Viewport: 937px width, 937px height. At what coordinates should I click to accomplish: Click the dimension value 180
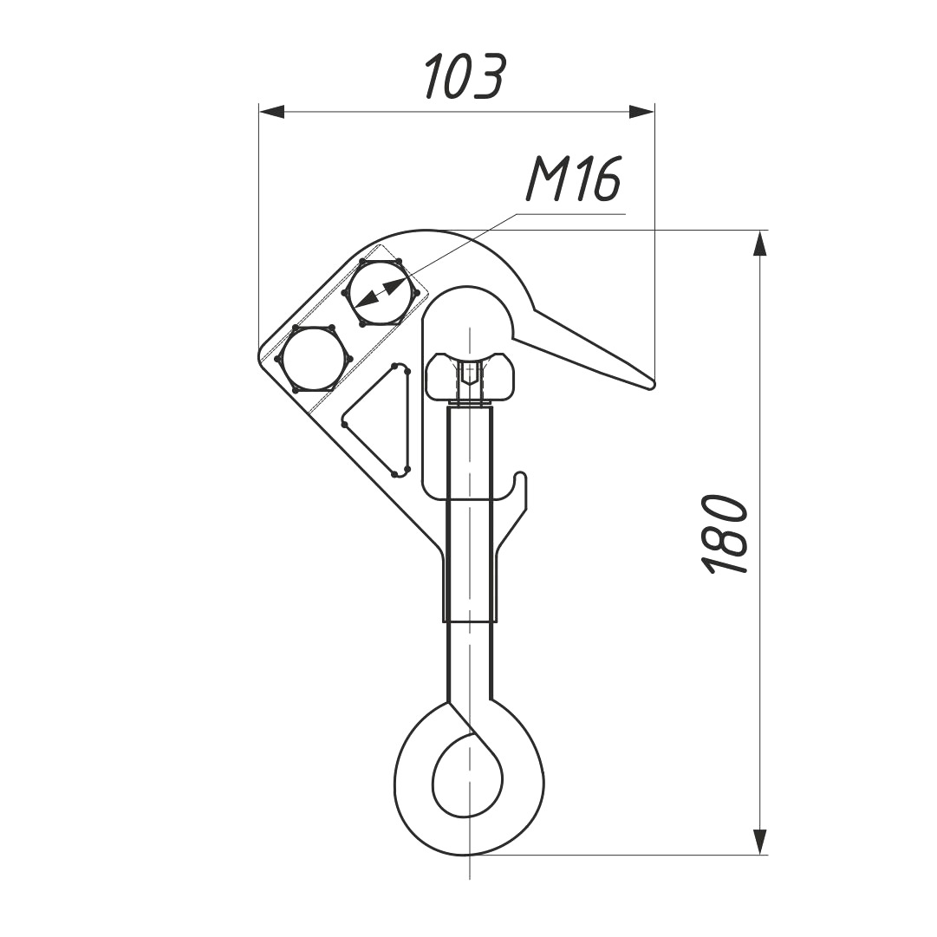click(725, 534)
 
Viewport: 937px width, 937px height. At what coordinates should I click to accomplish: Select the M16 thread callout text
click(573, 179)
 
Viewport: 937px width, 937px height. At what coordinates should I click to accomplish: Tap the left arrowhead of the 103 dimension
click(272, 112)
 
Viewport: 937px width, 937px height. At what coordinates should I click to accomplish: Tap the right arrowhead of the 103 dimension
click(641, 112)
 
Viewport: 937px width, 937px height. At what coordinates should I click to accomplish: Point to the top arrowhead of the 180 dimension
click(759, 244)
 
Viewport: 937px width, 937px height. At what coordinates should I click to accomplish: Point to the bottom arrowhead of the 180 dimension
click(759, 842)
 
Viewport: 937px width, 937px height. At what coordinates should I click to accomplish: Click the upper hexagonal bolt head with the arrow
click(380, 293)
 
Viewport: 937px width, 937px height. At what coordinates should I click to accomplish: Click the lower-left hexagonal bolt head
click(313, 359)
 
